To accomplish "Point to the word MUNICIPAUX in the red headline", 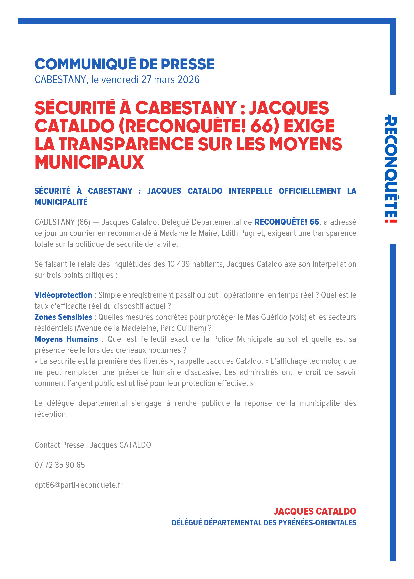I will [89, 162].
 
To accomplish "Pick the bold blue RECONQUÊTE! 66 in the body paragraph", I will [287, 222].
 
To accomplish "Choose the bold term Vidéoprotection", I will [63, 295].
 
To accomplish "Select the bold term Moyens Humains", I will [66, 339].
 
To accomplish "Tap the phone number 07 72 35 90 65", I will [60, 465].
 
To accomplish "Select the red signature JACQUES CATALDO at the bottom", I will [315, 511].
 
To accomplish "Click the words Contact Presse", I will [59, 445].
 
